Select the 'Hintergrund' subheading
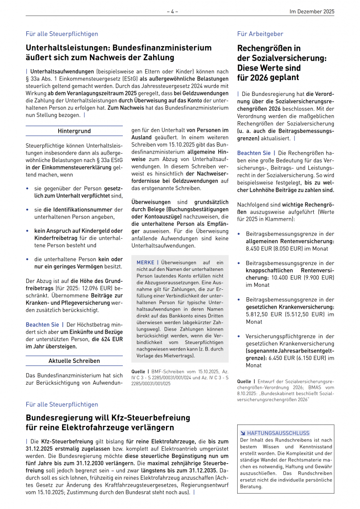[74, 131]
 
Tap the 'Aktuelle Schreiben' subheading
[74, 361]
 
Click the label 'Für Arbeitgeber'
[260, 34]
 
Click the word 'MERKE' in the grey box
[145, 262]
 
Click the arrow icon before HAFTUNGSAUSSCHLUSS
[242, 433]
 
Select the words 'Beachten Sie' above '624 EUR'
[42, 324]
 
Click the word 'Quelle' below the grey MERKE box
[138, 371]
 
